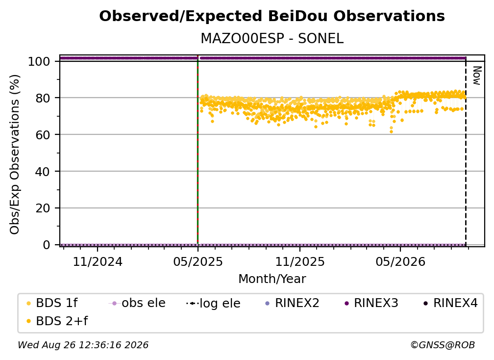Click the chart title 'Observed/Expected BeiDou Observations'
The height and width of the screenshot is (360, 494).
click(272, 16)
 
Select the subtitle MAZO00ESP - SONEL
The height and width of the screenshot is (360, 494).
click(272, 39)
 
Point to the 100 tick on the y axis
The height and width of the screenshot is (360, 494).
click(39, 61)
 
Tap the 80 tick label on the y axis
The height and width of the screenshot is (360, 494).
click(43, 98)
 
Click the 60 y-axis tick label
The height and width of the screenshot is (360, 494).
click(43, 135)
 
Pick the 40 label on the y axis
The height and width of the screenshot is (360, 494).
click(43, 172)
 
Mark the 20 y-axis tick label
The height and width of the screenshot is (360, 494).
click(43, 208)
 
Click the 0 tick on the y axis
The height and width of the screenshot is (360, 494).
click(47, 245)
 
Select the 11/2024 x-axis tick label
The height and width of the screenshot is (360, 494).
click(98, 261)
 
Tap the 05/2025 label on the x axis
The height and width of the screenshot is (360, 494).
click(198, 261)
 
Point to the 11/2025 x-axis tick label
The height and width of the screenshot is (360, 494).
click(300, 261)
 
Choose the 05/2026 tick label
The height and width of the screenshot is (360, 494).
click(400, 261)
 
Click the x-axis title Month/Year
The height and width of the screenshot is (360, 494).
click(272, 279)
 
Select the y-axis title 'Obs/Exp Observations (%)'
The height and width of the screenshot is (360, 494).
click(15, 154)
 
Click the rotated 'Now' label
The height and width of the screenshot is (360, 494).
click(477, 76)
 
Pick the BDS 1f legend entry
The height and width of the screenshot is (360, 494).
click(52, 303)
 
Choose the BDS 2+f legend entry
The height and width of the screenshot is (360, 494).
click(57, 321)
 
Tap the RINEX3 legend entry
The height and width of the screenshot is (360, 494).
click(371, 303)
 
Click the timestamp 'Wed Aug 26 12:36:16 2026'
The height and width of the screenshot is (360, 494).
click(83, 345)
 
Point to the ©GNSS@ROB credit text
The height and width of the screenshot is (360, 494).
click(443, 345)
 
